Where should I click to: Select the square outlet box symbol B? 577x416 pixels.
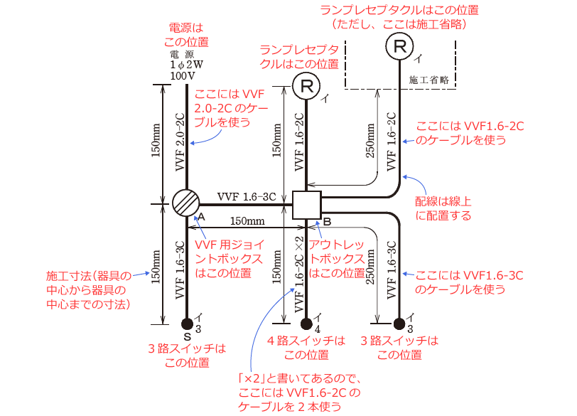pyautogui.click(x=307, y=204)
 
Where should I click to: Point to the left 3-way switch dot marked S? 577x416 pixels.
pyautogui.click(x=187, y=324)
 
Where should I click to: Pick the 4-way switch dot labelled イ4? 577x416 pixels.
pyautogui.click(x=306, y=324)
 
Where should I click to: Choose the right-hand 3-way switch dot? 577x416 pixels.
pyautogui.click(x=399, y=324)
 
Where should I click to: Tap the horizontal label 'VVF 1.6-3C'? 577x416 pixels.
pyautogui.click(x=247, y=196)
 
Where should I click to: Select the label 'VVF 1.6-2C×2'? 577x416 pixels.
pyautogui.click(x=298, y=270)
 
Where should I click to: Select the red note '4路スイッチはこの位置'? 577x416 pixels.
pyautogui.click(x=307, y=348)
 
